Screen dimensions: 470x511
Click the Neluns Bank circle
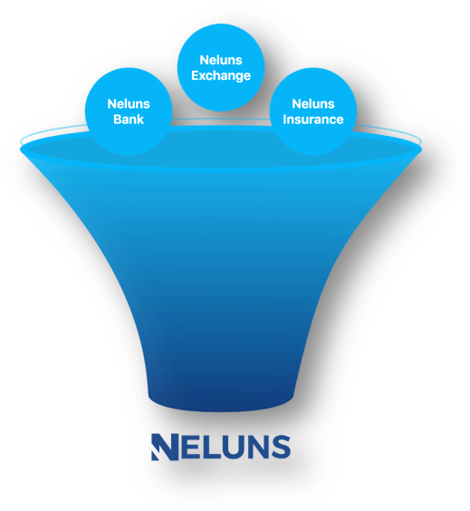click(129, 111)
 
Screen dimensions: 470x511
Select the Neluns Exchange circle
click(221, 67)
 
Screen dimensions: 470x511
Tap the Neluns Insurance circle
click(313, 111)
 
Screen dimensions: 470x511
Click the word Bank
click(129, 120)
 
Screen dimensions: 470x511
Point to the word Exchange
click(221, 75)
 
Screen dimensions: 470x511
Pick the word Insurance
click(313, 120)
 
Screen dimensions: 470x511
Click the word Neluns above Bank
click(129, 104)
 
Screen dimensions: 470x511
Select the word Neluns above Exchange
click(221, 61)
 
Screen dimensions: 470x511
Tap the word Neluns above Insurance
click(313, 104)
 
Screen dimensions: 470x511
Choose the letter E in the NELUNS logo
click(190, 447)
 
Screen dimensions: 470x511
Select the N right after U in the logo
click(257, 447)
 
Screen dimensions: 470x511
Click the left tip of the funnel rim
click(21, 149)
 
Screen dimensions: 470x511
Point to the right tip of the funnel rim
click(421, 149)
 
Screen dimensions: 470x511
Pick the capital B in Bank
click(117, 120)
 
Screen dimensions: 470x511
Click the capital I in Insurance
click(284, 120)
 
